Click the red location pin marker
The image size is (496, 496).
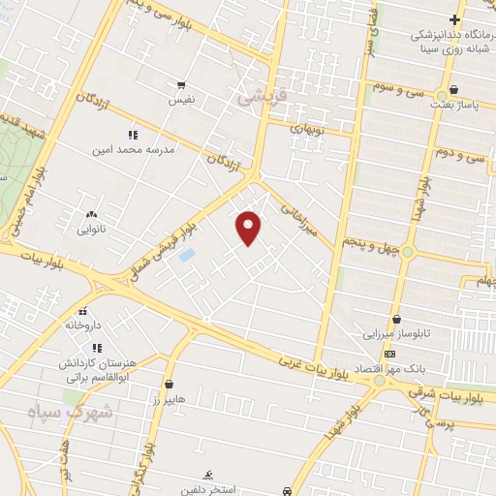pyautogui.click(x=249, y=227)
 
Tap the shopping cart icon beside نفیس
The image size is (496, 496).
pyautogui.click(x=180, y=85)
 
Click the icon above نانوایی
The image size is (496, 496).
pyautogui.click(x=91, y=215)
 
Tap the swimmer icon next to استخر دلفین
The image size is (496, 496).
pyautogui.click(x=206, y=475)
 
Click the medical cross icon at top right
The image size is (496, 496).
pyautogui.click(x=454, y=19)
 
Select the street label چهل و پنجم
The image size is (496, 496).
pyautogui.click(x=368, y=244)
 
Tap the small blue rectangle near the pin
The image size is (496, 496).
pyautogui.click(x=187, y=255)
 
